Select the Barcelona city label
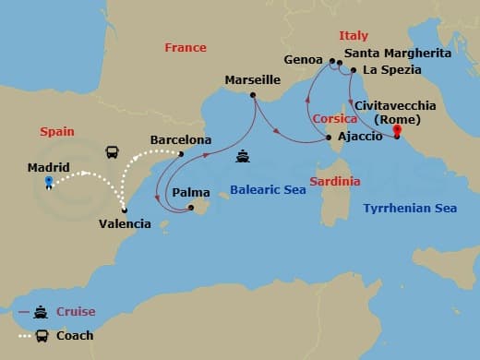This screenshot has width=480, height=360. coord(181,139)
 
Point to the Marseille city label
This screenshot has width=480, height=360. coord(252,80)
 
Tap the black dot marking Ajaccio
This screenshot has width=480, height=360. coord(329,138)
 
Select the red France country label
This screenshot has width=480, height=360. coord(185,47)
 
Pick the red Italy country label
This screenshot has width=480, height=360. coord(353,35)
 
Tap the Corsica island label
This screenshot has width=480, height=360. coord(335,119)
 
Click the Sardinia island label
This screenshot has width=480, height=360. coord(334,181)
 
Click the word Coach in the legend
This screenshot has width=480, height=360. coord(74,335)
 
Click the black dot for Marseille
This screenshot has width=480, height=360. coord(252,94)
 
